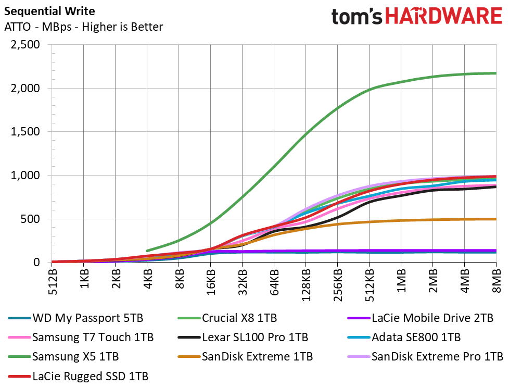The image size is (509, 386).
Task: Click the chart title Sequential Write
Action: coord(49,11)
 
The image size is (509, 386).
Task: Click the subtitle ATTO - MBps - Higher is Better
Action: coord(83,27)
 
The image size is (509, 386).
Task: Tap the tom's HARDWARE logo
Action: coord(417,16)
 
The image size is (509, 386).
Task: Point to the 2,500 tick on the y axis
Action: coord(26,44)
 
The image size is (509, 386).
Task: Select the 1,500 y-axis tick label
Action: coord(26,132)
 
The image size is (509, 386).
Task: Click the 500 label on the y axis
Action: coord(30,219)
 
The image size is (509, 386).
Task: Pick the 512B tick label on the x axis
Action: coord(52,282)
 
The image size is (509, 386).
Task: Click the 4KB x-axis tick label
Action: coord(148,279)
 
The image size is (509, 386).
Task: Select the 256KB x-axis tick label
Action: coord(338,285)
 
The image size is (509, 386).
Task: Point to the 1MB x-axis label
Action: coord(402,281)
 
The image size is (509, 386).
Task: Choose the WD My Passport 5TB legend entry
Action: coord(75,318)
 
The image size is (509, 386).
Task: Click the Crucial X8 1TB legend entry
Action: coord(227,318)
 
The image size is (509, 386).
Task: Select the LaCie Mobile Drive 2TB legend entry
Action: coord(420,318)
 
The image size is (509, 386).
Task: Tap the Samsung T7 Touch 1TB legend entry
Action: coord(81,337)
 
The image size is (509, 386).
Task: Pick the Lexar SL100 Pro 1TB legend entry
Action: coord(243,337)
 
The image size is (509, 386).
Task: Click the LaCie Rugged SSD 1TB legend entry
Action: coord(78,376)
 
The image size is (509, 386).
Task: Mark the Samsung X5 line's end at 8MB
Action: coord(496,73)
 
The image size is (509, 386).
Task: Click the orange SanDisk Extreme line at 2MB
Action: coord(432,220)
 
